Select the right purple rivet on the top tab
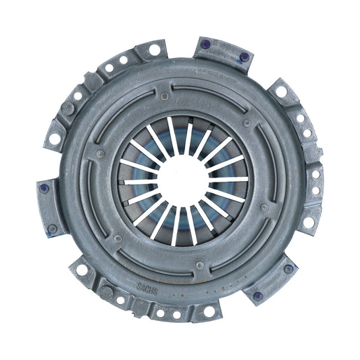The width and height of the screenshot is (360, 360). coord(244,57)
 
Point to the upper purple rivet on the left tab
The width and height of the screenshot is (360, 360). coord(45,188)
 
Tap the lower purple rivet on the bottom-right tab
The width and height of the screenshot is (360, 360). coord(257,295)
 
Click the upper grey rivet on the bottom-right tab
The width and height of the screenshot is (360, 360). coord(288,269)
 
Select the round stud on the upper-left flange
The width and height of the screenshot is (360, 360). coord(68,107)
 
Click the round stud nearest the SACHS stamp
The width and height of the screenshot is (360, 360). coord(106,292)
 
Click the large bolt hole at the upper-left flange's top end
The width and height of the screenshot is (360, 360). coord(154,49)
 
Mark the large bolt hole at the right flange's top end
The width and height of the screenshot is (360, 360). coord(280,91)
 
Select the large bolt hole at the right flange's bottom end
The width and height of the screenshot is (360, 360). coord(309,222)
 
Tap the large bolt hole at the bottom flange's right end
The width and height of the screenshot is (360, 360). coord(209,311)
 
